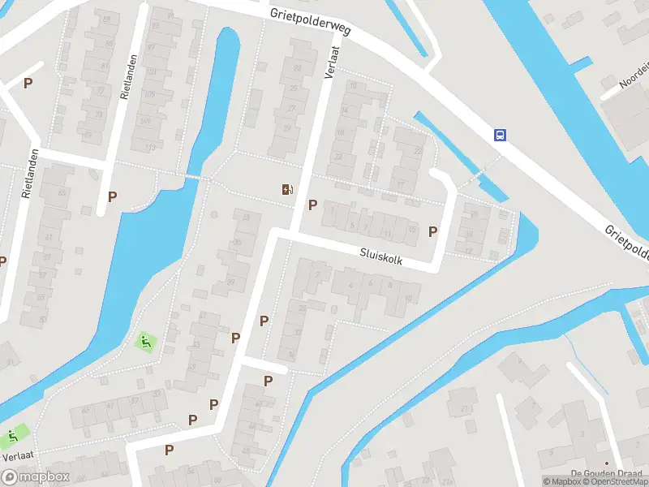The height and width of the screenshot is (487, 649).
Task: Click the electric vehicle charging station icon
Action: pyautogui.click(x=287, y=190)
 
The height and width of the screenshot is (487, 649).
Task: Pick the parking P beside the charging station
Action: pyautogui.click(x=312, y=205)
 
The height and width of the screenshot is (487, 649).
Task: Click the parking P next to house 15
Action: pyautogui.click(x=433, y=231)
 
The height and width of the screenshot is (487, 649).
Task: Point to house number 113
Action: pyautogui.click(x=148, y=147)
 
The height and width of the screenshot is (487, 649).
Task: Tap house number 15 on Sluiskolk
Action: pyautogui.click(x=413, y=230)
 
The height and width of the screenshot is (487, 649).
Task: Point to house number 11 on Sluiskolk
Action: pyautogui.click(x=386, y=235)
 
